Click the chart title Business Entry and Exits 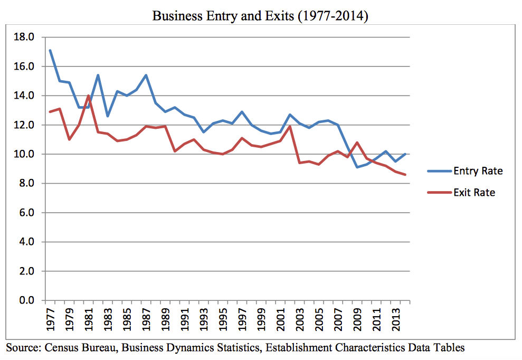[x=260, y=16]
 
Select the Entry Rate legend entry [x=478, y=171]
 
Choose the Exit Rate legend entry [x=474, y=193]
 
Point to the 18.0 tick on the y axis [x=26, y=37]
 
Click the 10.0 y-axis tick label [x=26, y=155]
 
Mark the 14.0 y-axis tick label [x=26, y=96]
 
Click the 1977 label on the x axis [x=51, y=320]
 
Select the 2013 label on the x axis [x=396, y=320]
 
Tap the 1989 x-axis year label [x=166, y=320]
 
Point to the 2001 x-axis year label [x=281, y=320]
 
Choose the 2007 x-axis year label [x=338, y=320]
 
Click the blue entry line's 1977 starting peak [x=50, y=51]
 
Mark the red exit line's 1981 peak [x=88, y=96]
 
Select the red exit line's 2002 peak [x=290, y=126]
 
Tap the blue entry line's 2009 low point [x=357, y=167]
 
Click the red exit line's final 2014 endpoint [x=405, y=175]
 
